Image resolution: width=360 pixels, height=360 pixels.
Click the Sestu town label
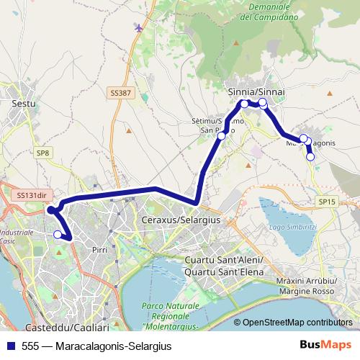pos(24,104)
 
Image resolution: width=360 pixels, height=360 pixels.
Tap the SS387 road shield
pos(121,93)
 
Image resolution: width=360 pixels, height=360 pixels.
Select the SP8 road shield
pos(43,153)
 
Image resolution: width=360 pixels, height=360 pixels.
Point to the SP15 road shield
pos(327,202)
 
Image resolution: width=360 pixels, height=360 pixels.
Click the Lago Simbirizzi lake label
pos(292,226)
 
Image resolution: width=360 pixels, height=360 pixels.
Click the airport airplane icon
pos(138,27)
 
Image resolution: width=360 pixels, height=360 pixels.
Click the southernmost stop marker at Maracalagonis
pos(310,156)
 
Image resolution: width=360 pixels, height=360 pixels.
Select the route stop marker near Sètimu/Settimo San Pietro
pos(221,135)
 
